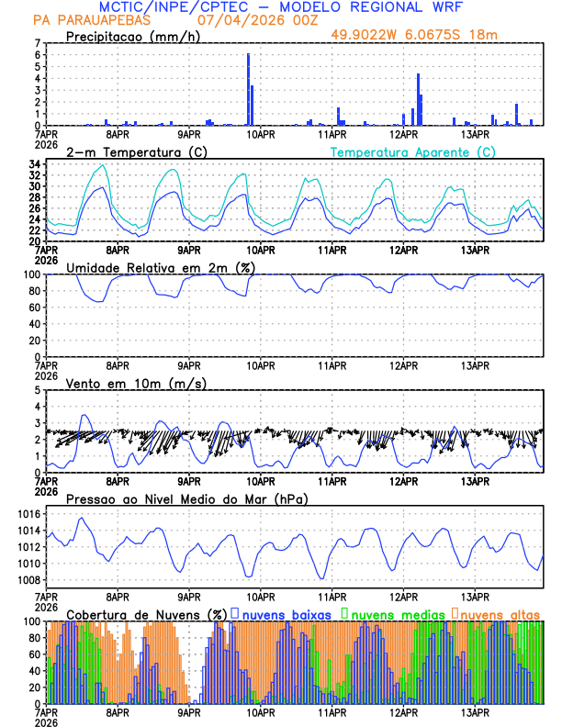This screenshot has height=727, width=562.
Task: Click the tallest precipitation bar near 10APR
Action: (248, 90)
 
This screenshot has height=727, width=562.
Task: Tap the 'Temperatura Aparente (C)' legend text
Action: (413, 151)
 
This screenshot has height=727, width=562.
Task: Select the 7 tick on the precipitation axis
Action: (37, 43)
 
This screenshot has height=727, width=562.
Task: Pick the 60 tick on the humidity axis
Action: (35, 308)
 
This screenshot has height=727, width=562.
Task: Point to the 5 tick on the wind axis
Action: (37, 390)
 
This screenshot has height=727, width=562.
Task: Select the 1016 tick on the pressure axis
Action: (28, 514)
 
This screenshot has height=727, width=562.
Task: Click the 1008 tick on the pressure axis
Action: (28, 580)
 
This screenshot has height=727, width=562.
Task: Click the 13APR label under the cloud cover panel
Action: (475, 711)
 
